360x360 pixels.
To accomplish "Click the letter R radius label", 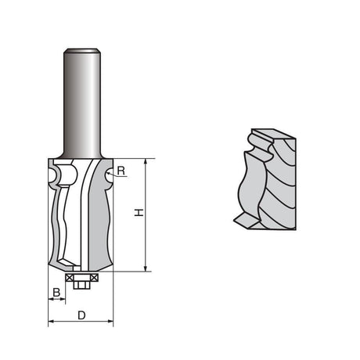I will point(121,170).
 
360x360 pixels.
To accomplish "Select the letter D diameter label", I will point(81,315).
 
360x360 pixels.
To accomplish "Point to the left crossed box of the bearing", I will point(70,276).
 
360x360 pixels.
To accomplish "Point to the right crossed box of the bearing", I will point(93,276).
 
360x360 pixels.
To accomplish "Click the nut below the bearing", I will point(81,284).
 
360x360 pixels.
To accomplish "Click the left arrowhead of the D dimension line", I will point(51,321).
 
